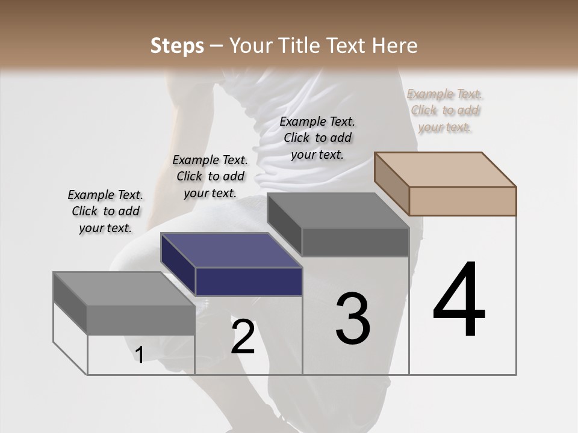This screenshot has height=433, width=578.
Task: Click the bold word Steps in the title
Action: (177, 46)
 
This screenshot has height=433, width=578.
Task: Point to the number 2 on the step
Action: (243, 336)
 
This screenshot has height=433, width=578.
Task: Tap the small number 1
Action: (140, 355)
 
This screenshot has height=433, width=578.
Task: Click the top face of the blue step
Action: (231, 250)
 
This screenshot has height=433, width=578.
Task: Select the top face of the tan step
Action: (446, 170)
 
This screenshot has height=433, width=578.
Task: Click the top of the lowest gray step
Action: (124, 289)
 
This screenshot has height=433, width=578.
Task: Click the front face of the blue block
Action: (249, 281)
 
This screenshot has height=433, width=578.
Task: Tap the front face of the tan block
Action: (462, 201)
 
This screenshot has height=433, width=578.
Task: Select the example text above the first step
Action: (105, 211)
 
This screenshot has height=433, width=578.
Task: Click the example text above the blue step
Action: (210, 176)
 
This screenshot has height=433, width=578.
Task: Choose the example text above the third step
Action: (317, 138)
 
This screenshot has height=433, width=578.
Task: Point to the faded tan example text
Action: (445, 110)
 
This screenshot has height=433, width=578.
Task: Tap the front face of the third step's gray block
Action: (355, 242)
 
